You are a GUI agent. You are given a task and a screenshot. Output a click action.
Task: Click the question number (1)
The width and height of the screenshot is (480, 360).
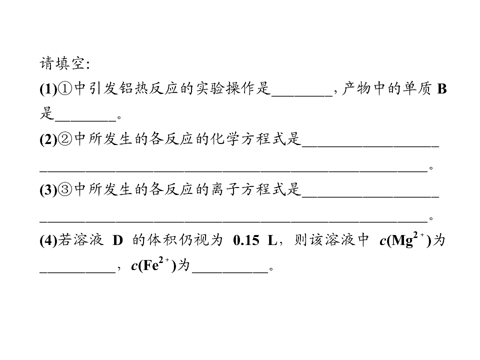pos(48,89)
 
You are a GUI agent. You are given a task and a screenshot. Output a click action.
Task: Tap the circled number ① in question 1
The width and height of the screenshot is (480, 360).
pos(65,89)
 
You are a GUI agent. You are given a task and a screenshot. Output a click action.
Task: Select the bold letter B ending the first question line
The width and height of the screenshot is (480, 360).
pos(441,89)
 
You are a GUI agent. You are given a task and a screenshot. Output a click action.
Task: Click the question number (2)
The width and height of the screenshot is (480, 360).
pos(48,139)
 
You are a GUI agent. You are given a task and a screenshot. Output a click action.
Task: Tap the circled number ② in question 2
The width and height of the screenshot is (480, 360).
pos(65,139)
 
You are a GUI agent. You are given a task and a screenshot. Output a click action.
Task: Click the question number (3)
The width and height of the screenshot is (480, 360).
pos(48,190)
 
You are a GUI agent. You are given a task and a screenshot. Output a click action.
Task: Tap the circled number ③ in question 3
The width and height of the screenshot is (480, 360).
pos(65,190)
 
